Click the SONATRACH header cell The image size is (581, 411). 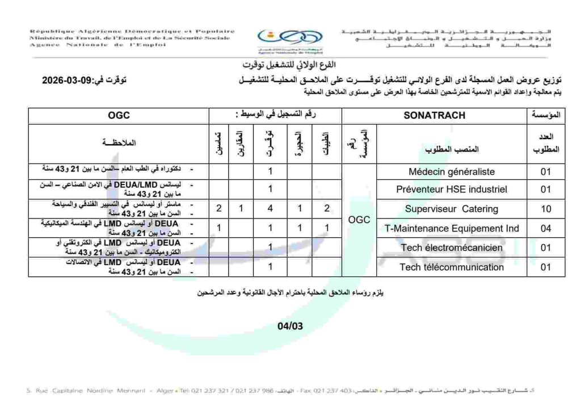[434, 115]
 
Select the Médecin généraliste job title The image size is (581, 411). [452, 171]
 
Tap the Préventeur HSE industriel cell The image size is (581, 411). [452, 189]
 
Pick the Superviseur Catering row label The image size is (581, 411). [452, 209]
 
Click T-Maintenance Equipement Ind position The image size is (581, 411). [452, 229]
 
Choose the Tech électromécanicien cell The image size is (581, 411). [452, 248]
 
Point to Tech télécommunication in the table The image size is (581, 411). [452, 267]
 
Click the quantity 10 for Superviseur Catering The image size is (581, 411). [546, 209]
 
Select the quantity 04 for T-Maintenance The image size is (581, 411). [546, 229]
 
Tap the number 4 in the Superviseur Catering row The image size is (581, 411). [271, 209]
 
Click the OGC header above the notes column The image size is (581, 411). [119, 115]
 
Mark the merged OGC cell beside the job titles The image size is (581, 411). [359, 219]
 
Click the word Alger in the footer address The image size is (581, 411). [165, 391]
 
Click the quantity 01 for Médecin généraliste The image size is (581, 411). [546, 171]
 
